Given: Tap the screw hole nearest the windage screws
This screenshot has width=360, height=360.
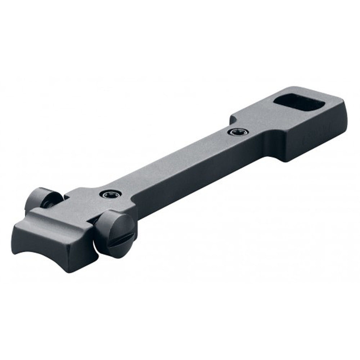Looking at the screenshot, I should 107,194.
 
